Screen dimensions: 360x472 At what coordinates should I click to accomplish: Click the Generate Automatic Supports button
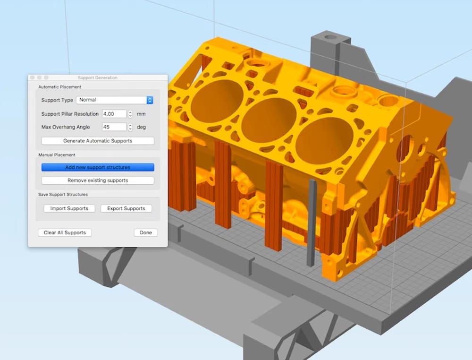coord(98,141)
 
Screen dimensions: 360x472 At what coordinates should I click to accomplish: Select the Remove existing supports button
coord(98,180)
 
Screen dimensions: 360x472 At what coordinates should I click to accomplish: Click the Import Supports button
coord(69,208)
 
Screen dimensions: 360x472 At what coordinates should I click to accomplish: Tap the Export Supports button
coord(126,208)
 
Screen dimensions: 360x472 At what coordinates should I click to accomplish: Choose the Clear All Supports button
coord(65,232)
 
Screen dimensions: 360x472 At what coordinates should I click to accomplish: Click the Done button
coord(146,232)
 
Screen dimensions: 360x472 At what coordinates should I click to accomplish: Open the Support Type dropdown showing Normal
coord(115,100)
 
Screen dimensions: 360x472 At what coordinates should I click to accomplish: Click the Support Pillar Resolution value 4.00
coord(114,114)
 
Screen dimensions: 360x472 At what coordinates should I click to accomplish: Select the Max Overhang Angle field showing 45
coord(114,127)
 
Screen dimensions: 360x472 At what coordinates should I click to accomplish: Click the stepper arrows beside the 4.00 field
coord(130,114)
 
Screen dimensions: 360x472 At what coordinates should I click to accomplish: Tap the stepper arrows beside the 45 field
coord(130,127)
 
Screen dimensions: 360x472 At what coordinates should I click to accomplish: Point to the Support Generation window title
coord(98,77)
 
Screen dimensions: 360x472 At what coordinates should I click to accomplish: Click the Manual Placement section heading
coord(57,154)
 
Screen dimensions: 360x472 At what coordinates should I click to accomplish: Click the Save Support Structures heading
coord(63,194)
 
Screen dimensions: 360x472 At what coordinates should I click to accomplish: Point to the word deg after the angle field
coord(141,127)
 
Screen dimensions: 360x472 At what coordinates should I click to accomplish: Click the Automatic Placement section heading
coord(59,87)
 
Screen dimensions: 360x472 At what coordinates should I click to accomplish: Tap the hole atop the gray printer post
coord(330,37)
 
